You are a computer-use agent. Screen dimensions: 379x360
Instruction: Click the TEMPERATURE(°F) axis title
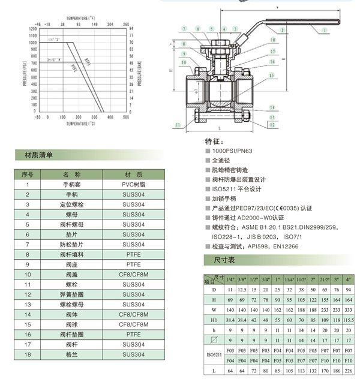(80, 19)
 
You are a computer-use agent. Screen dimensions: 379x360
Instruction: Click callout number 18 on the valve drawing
(273, 40)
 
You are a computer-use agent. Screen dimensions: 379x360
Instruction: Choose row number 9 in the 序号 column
(27, 264)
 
